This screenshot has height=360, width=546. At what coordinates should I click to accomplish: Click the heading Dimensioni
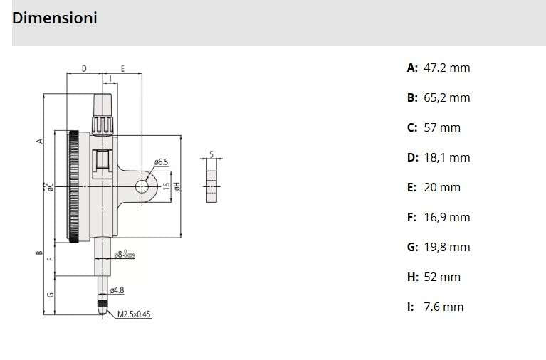pos(55,18)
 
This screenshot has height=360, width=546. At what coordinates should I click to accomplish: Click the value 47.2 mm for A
pos(446,68)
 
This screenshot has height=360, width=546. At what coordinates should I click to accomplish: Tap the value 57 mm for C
pos(441,127)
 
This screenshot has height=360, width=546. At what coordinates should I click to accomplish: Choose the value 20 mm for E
pos(441,187)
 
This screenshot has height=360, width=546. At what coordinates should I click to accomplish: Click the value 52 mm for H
pos(441,277)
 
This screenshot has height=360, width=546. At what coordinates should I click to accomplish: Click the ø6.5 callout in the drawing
pos(161,162)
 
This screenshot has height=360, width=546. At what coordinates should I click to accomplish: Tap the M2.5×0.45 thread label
pos(135,314)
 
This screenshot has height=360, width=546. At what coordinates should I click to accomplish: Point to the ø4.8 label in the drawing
pos(117,290)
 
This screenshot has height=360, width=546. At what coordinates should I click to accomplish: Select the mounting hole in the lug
pos(142,186)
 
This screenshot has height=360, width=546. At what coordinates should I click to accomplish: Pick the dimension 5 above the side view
pos(211,154)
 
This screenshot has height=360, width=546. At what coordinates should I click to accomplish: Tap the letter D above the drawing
pos(84,68)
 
